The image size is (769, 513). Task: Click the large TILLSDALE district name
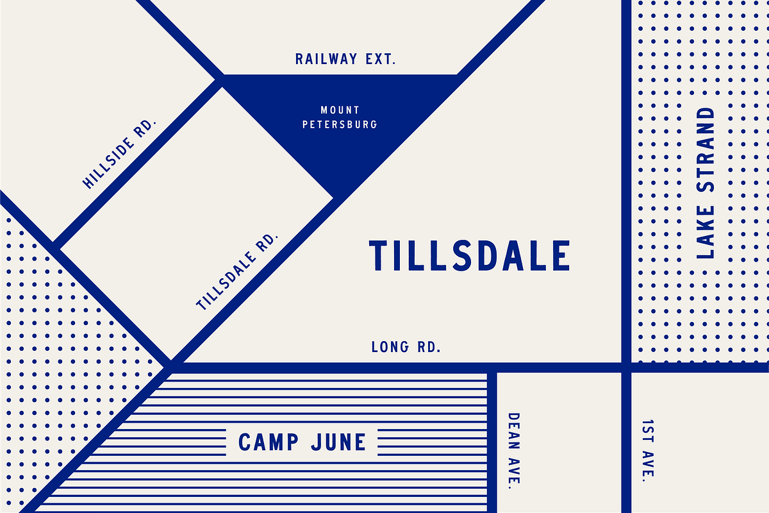click(x=469, y=255)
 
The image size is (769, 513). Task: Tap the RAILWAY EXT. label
click(x=346, y=60)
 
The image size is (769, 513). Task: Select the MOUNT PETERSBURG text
click(x=340, y=117)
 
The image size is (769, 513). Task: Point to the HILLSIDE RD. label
click(x=120, y=153)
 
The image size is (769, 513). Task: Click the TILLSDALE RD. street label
click(x=238, y=272)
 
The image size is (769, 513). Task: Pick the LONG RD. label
click(x=406, y=348)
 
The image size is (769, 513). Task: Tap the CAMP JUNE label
click(x=302, y=442)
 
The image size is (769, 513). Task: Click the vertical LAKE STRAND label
click(x=705, y=183)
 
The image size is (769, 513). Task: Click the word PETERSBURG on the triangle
click(x=340, y=124)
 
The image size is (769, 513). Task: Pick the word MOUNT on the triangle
click(x=340, y=110)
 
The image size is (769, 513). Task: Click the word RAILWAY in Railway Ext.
click(x=326, y=60)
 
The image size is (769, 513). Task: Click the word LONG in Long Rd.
click(x=390, y=348)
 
